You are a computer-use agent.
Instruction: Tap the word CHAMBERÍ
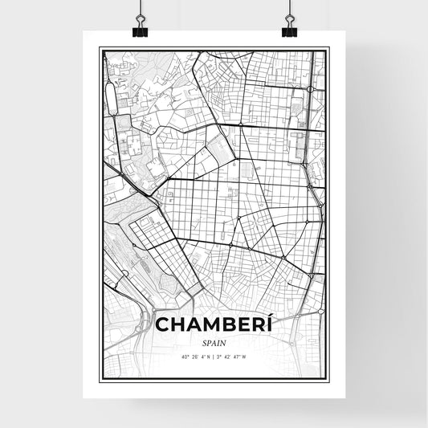(214, 325)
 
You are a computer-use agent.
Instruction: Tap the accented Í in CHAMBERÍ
(270, 325)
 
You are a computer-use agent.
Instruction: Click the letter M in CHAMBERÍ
(208, 326)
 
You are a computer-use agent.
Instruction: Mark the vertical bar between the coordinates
(214, 357)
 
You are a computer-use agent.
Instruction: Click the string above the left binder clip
(141, 10)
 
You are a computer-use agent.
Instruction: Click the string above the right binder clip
(288, 10)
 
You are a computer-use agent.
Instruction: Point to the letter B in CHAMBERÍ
(226, 326)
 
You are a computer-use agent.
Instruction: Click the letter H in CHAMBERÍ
(177, 326)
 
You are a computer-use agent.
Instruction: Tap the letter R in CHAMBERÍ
(257, 326)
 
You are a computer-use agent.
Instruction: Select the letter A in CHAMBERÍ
(192, 326)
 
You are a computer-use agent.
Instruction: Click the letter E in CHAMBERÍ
(242, 326)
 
